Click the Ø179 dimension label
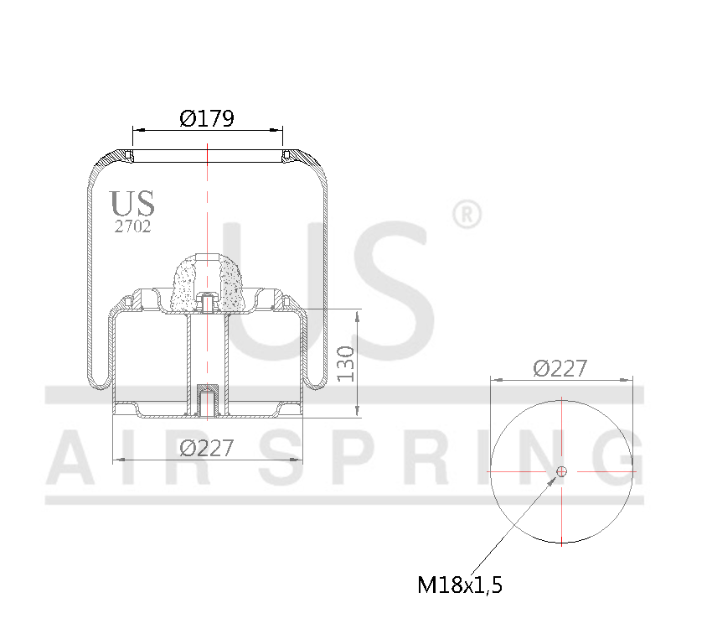pyautogui.click(x=207, y=118)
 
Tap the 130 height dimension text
pyautogui.click(x=346, y=363)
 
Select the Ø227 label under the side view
pyautogui.click(x=206, y=449)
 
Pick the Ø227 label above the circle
pyautogui.click(x=560, y=368)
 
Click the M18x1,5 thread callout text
pyautogui.click(x=460, y=585)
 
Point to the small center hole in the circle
pyautogui.click(x=561, y=471)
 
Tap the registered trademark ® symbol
pyautogui.click(x=467, y=214)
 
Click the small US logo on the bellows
pyautogui.click(x=132, y=203)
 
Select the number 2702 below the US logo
pyautogui.click(x=132, y=226)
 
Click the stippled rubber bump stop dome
pyautogui.click(x=206, y=277)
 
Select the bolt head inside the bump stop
pyautogui.click(x=206, y=299)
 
